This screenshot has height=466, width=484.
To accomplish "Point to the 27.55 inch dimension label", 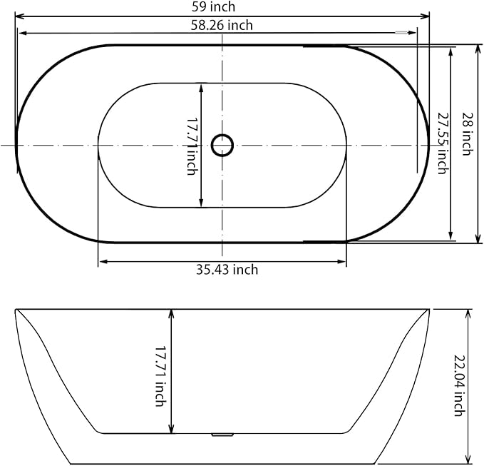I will [x=442, y=143].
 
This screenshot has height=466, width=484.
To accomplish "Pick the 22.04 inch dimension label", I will [x=458, y=386].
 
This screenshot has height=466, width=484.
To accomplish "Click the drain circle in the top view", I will [x=222, y=145].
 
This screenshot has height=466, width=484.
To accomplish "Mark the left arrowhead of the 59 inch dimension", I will [x=18, y=15].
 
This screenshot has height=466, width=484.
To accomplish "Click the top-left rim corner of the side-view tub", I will [x=16, y=310].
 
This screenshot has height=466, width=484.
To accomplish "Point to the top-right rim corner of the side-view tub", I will [x=429, y=310].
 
